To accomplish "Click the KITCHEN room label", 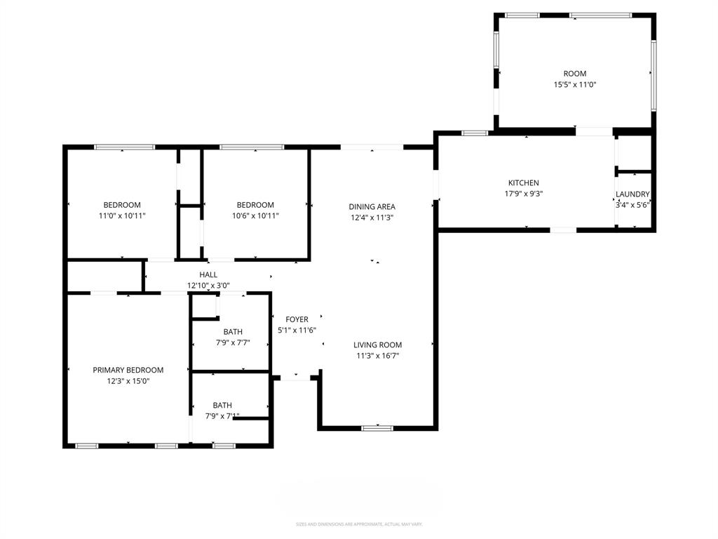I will [x=523, y=183].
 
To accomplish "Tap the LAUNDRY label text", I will [x=632, y=194].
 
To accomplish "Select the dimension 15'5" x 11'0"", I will [x=575, y=84].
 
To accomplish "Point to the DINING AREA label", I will [x=372, y=206].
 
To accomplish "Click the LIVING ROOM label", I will [x=377, y=345].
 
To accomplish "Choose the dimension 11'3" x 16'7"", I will [x=377, y=356].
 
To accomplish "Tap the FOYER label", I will [x=297, y=319].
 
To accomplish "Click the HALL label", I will [x=208, y=274].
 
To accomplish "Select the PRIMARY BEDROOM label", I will [x=128, y=370].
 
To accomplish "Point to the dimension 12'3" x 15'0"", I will [x=128, y=381].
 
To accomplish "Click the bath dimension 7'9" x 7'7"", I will [x=233, y=342].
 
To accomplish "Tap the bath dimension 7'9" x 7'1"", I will [x=222, y=416].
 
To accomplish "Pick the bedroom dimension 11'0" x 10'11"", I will [x=122, y=216].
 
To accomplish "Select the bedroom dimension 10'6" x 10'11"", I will [x=255, y=216].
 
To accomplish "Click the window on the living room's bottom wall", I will [x=377, y=427].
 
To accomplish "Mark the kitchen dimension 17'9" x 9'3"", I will [x=523, y=194].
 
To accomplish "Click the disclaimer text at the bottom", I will [x=359, y=524].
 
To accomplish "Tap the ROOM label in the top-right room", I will [x=575, y=74].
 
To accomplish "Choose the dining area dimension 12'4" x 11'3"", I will [x=372, y=218].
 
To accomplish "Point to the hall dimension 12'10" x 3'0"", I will [x=208, y=286].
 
